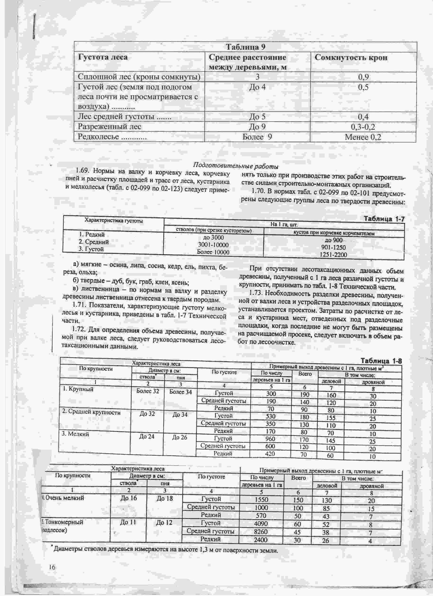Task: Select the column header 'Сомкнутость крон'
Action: [351, 58]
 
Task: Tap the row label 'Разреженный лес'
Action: [109, 127]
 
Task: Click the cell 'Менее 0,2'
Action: [363, 137]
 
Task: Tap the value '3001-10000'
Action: [213, 245]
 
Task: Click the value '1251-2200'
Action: [334, 255]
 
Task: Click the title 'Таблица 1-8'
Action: [381, 361]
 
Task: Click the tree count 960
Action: [270, 439]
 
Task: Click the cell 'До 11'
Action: [128, 522]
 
